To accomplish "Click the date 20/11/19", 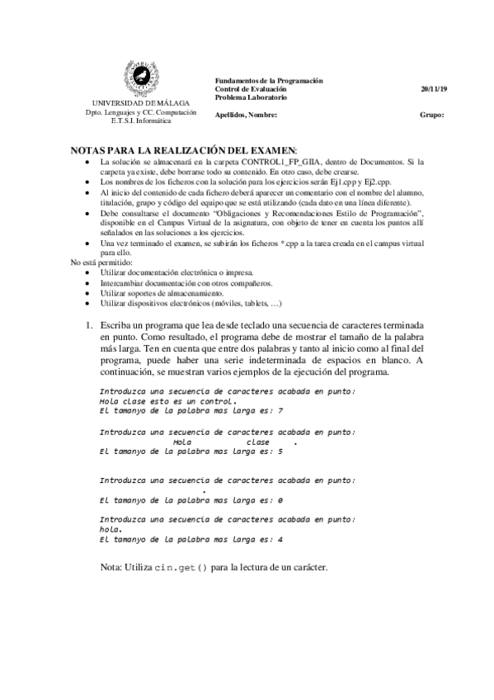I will (432, 88).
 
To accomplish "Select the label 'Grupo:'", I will (431, 115).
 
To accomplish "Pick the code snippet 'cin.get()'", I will (180, 568).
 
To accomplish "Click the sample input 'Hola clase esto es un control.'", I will (156, 400).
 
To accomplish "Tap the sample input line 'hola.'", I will (111, 529).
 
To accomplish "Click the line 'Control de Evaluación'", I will (251, 88).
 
